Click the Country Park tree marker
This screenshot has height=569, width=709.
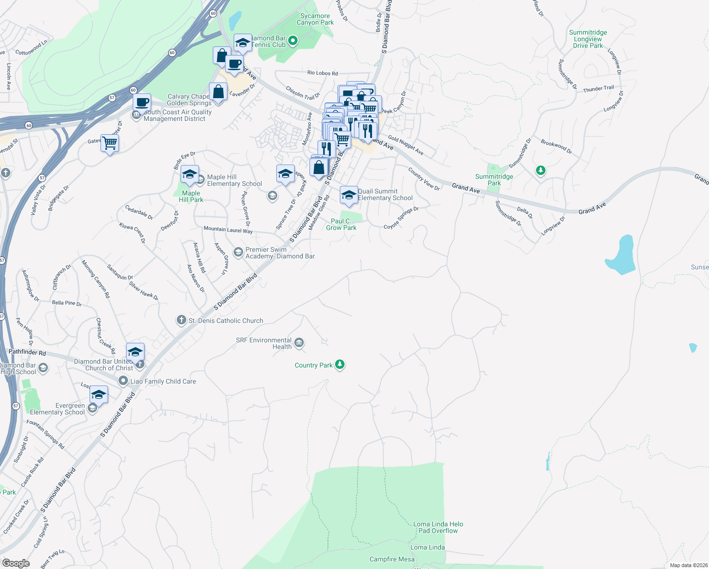[x=339, y=365]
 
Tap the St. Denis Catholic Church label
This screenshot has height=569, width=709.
[x=226, y=321]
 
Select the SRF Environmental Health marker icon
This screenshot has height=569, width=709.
[x=299, y=343]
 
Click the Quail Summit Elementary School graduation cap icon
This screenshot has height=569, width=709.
[x=349, y=195]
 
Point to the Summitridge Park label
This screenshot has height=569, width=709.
[x=494, y=180]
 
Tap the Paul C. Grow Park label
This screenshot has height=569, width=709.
[x=341, y=224]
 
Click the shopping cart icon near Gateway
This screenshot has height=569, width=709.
[x=109, y=142]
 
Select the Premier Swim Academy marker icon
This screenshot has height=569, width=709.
[x=238, y=251]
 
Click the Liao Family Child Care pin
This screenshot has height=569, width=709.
[x=123, y=381]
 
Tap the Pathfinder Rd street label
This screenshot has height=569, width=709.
[x=27, y=352]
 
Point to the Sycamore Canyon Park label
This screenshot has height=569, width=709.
[x=315, y=19]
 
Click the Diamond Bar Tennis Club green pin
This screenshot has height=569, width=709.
[x=293, y=41]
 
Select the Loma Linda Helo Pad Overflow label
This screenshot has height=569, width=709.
[x=438, y=527]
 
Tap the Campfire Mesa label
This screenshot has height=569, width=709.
[x=392, y=559]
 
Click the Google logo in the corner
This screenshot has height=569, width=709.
[x=16, y=563]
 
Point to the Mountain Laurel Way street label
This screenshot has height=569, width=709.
[x=228, y=229]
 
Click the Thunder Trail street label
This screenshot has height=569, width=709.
[x=598, y=89]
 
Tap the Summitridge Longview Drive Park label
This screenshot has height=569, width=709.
[x=588, y=39]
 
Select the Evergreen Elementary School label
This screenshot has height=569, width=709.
[x=57, y=409]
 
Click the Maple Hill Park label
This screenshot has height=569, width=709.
[x=191, y=196]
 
